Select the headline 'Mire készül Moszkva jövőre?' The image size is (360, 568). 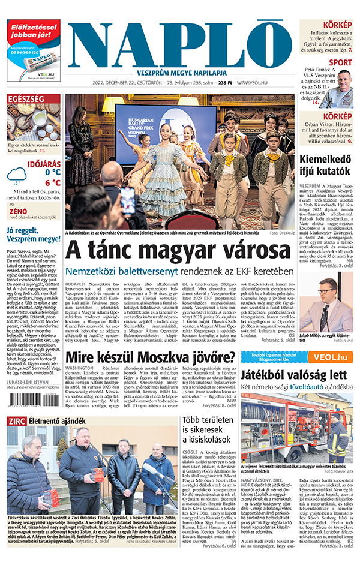point(151,359)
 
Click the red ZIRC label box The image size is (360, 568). point(16,421)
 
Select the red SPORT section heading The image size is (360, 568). point(340,62)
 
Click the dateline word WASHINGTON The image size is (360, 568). point(79,368)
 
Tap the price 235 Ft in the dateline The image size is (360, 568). point(225,82)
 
